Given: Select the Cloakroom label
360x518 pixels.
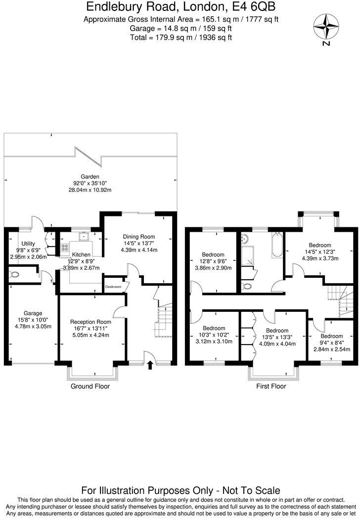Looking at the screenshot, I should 113,286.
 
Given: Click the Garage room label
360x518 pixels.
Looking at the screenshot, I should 33,313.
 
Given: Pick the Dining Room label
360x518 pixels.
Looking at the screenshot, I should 139,237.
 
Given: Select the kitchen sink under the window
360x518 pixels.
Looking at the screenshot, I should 85,236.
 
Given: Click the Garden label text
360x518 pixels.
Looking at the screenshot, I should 90,176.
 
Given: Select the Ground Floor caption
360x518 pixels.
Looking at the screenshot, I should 90,386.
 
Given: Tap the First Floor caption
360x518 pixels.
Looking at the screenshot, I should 271,386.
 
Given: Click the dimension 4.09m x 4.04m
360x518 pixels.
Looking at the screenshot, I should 277,344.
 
